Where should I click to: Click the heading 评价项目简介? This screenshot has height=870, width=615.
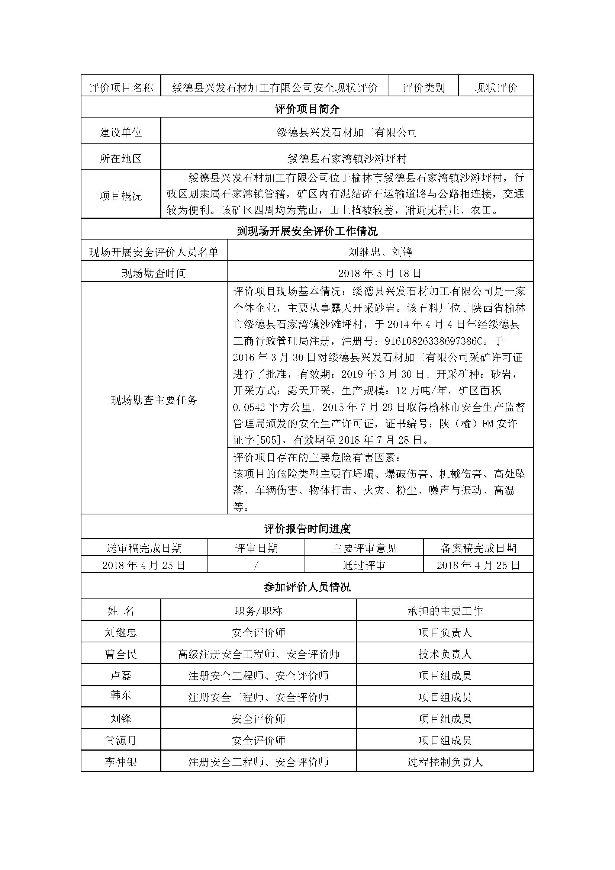tap(307, 109)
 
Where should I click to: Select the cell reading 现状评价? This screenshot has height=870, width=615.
tap(496, 88)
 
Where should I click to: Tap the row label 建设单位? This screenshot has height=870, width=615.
tap(121, 132)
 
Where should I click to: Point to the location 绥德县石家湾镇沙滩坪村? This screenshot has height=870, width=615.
tap(347, 158)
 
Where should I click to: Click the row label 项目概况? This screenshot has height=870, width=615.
tap(121, 196)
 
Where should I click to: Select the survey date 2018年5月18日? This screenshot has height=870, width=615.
tap(380, 273)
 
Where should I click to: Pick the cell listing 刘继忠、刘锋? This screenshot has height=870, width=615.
tap(380, 252)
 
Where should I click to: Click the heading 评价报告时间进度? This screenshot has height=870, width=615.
tap(307, 529)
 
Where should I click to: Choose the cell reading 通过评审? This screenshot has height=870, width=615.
tap(364, 565)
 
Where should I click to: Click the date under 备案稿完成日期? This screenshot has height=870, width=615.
tap(478, 565)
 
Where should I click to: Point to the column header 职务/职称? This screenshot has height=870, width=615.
tap(258, 611)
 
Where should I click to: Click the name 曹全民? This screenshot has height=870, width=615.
tap(121, 654)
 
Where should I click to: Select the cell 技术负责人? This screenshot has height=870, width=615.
tap(445, 654)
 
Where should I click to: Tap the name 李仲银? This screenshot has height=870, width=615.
tap(121, 762)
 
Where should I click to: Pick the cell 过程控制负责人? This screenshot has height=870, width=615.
tap(445, 762)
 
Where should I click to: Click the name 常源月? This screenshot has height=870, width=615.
tap(121, 741)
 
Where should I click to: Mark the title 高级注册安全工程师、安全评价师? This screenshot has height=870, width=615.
tap(258, 654)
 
